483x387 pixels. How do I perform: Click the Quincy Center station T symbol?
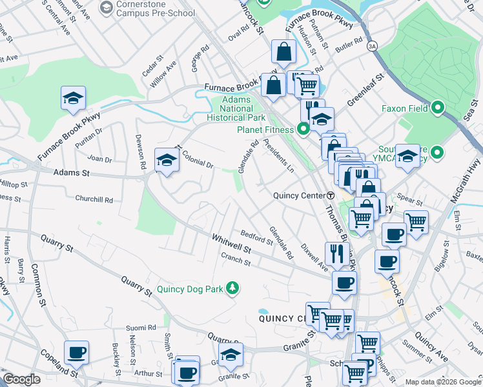pyautogui.click(x=331, y=195)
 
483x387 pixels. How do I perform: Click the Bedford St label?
pyautogui.click(x=256, y=237)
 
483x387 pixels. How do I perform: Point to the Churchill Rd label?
pyautogui.click(x=94, y=199)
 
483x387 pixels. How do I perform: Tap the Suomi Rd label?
pyautogui.click(x=143, y=328)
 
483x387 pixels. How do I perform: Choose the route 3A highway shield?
pyautogui.click(x=371, y=46)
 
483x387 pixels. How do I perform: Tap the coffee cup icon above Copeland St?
pyautogui.click(x=76, y=352)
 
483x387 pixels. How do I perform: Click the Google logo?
pyautogui.click(x=21, y=379)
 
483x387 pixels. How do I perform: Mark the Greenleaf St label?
pyautogui.click(x=365, y=90)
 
